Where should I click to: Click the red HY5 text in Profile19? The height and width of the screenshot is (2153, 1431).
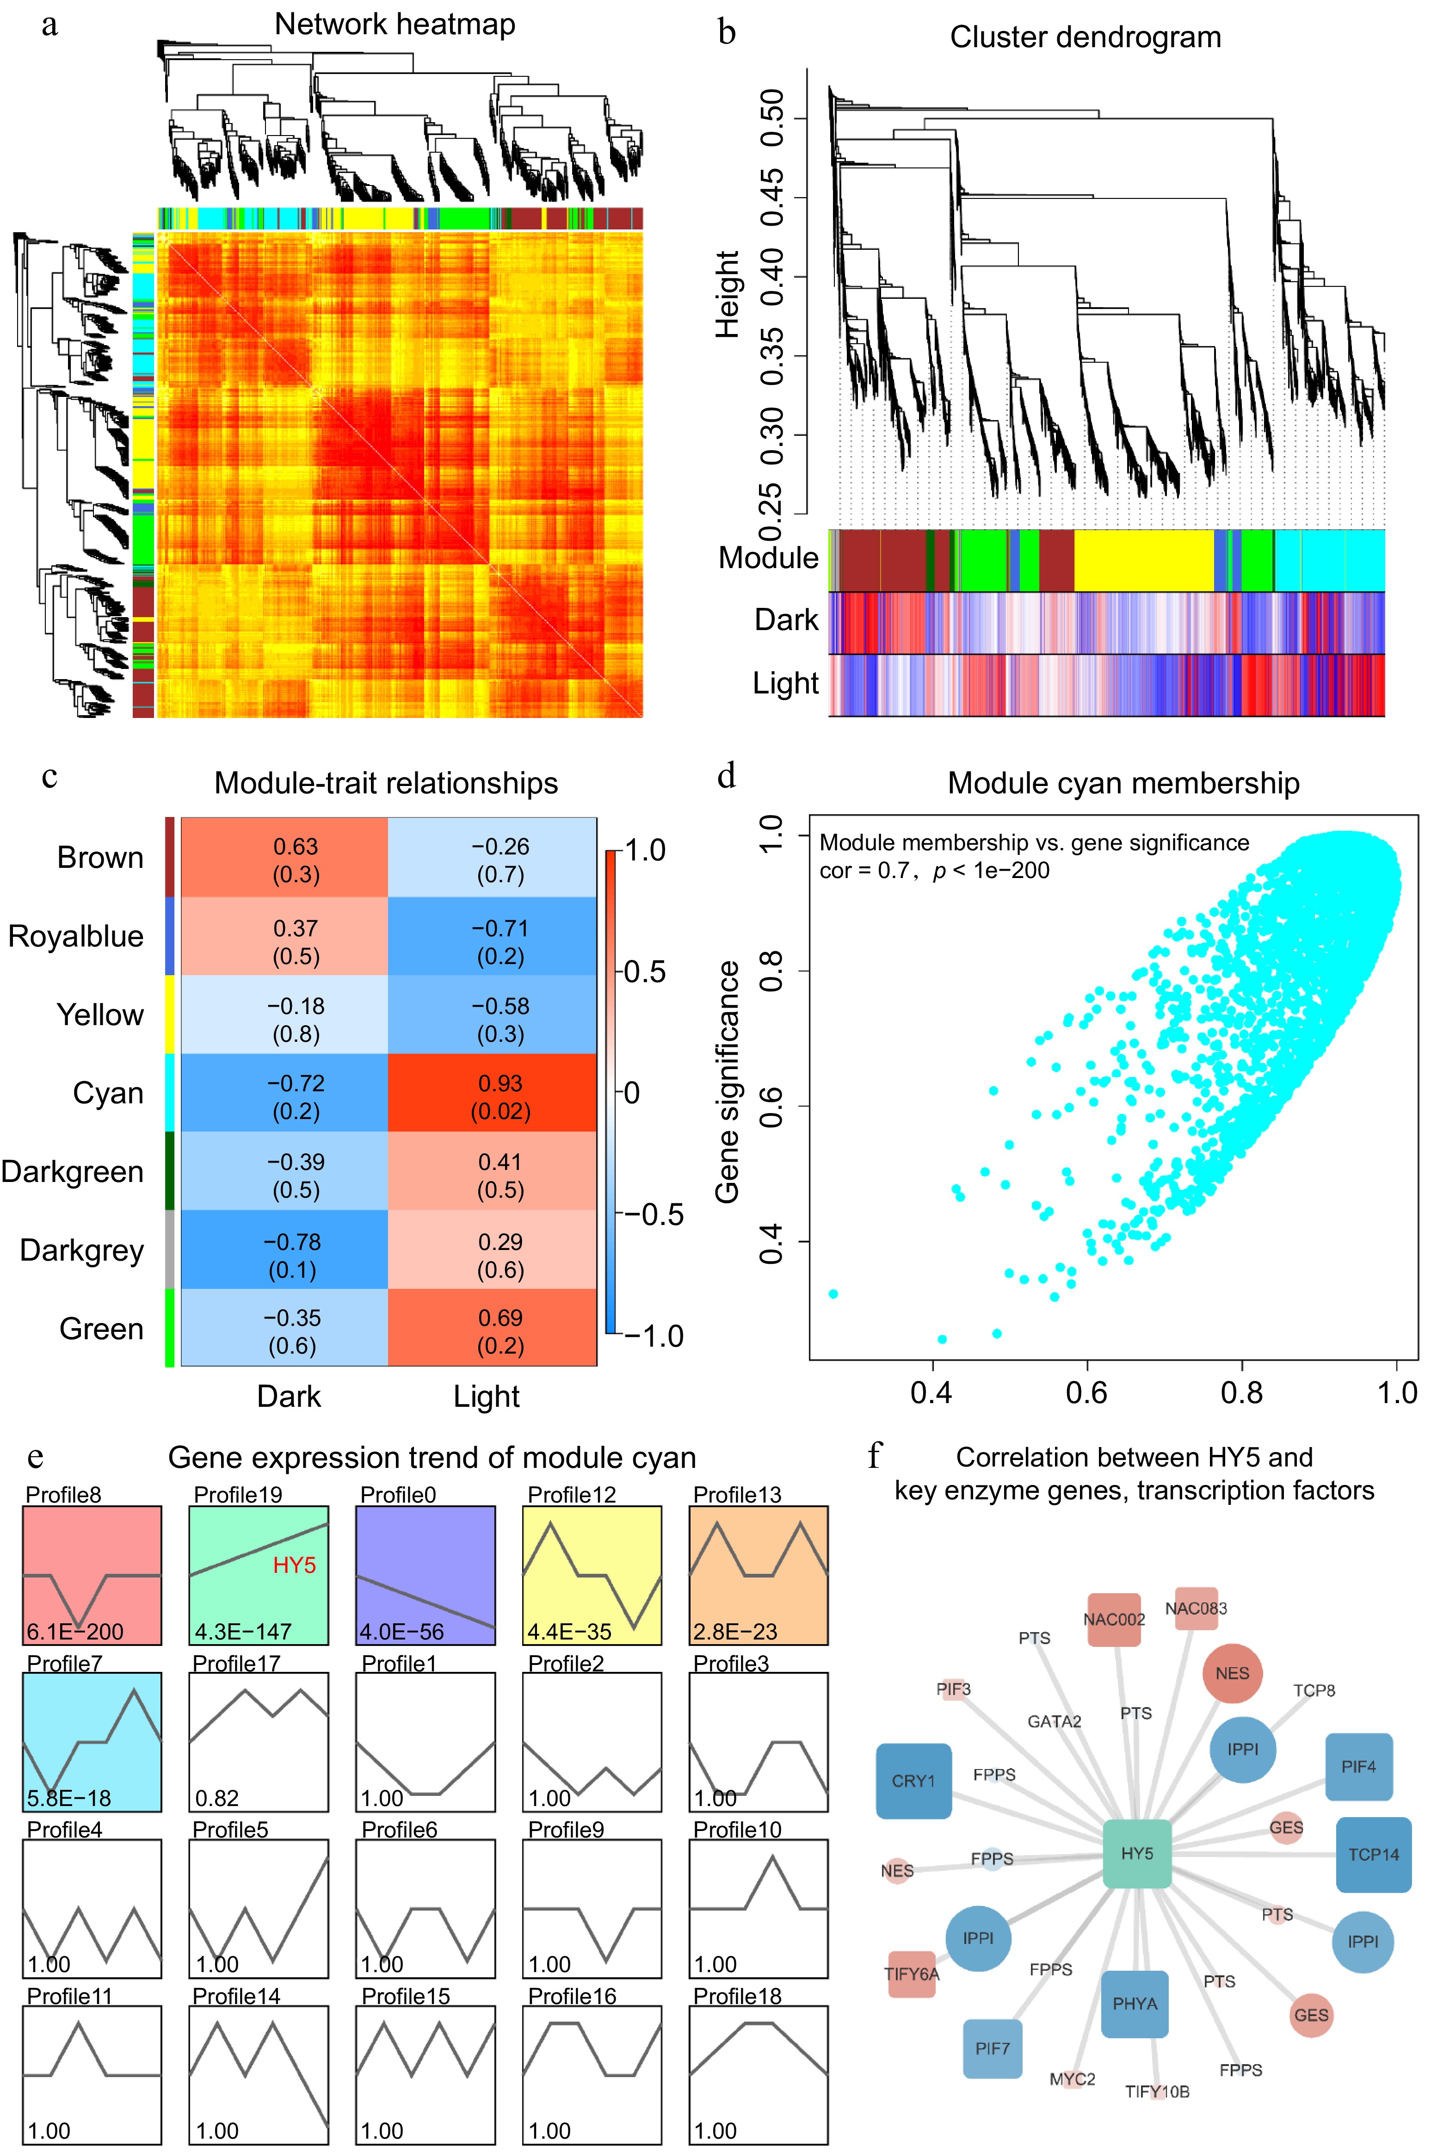(294, 1565)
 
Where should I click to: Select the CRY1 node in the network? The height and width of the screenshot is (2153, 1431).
(913, 1781)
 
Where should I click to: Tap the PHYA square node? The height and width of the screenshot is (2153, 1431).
(1135, 2003)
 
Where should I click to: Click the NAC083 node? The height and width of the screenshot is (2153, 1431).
(1196, 1608)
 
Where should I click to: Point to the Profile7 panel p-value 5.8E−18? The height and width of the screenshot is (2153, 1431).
(69, 1798)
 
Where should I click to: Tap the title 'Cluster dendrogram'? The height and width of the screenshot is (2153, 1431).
(1085, 37)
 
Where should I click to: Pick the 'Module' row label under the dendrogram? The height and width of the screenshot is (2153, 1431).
(768, 557)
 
